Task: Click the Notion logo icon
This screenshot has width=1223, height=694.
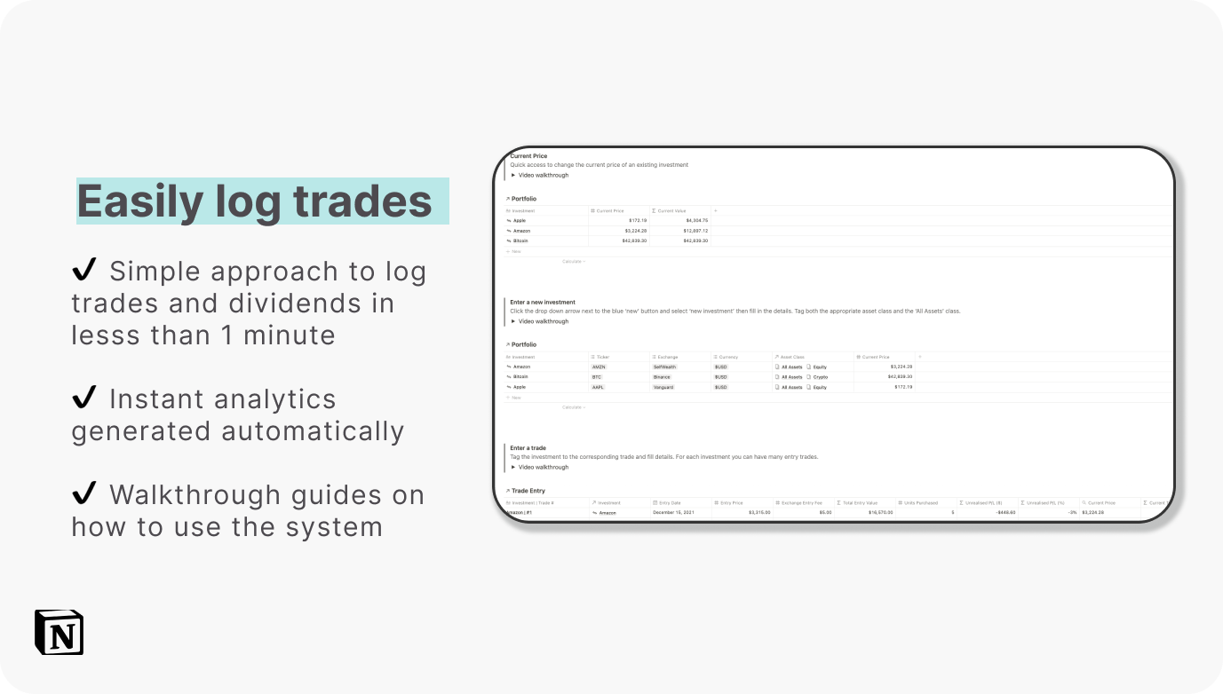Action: [59, 632]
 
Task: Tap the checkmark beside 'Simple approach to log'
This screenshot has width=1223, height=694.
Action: [84, 270]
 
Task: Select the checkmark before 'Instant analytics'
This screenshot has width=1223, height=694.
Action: [84, 398]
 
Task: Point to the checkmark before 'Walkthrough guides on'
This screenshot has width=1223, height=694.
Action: [84, 493]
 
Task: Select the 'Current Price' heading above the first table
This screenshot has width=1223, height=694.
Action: [528, 156]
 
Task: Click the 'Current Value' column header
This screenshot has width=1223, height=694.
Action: [671, 210]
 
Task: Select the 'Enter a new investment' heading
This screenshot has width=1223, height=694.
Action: [543, 302]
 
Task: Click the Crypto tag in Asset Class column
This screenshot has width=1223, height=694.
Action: [820, 377]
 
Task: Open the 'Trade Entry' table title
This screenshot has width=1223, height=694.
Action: [528, 490]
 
